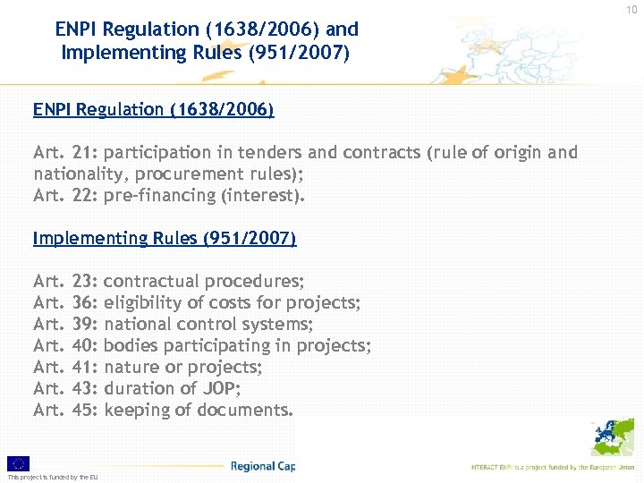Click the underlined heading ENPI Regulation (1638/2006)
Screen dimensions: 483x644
pos(153,110)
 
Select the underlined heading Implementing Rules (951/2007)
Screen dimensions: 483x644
pos(164,239)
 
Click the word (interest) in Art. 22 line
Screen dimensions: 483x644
pos(266,195)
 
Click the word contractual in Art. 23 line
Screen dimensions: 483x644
pos(148,282)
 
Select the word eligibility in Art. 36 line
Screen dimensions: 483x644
pos(146,303)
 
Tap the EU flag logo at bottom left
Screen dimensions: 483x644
pos(18,462)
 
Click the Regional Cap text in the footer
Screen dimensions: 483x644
pos(262,466)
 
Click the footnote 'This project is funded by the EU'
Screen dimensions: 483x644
pos(53,477)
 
